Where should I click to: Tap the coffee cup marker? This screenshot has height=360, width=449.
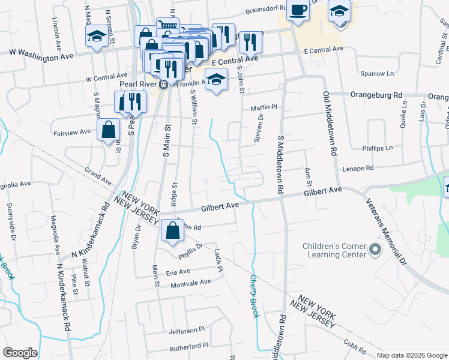pyautogui.click(x=298, y=10)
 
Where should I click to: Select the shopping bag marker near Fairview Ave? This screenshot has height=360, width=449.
pyautogui.click(x=108, y=130)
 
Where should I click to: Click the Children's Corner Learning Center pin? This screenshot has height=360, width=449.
pyautogui.click(x=376, y=249)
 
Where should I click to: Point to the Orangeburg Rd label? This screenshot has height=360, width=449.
pyautogui.click(x=376, y=95)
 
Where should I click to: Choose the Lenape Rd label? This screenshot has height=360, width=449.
pyautogui.click(x=358, y=169)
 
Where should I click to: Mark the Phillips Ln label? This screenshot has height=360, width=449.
pyautogui.click(x=377, y=148)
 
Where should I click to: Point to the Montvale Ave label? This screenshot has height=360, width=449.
pyautogui.click(x=188, y=282)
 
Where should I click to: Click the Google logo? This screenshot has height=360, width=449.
pyautogui.click(x=20, y=353)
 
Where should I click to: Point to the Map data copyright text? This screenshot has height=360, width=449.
pyautogui.click(x=411, y=355)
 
